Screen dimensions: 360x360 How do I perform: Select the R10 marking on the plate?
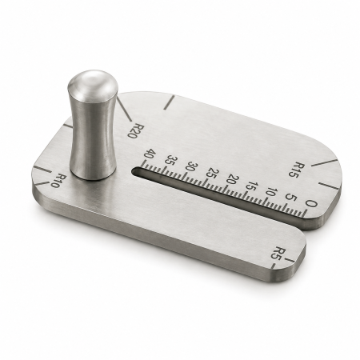pyautogui.click(x=58, y=181)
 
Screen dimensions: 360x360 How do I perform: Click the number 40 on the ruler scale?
pyautogui.click(x=150, y=155)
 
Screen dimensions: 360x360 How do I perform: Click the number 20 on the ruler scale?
pyautogui.click(x=232, y=181)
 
